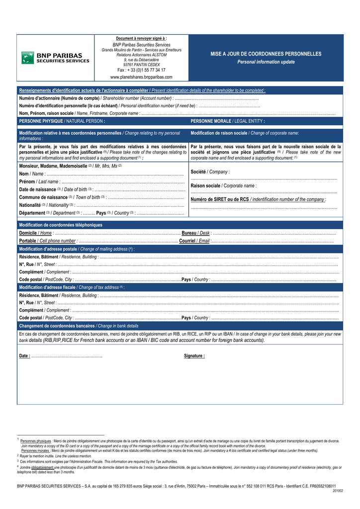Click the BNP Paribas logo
point(55,58)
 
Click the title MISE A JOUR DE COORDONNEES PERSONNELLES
point(266,54)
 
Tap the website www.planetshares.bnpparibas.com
point(141,77)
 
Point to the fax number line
point(141,70)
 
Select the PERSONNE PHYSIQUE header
point(62,121)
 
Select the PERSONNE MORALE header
point(228,121)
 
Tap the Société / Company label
point(210,171)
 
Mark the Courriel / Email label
point(194,241)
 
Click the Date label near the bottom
point(24,356)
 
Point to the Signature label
point(194,356)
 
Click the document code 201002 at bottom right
point(338,491)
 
